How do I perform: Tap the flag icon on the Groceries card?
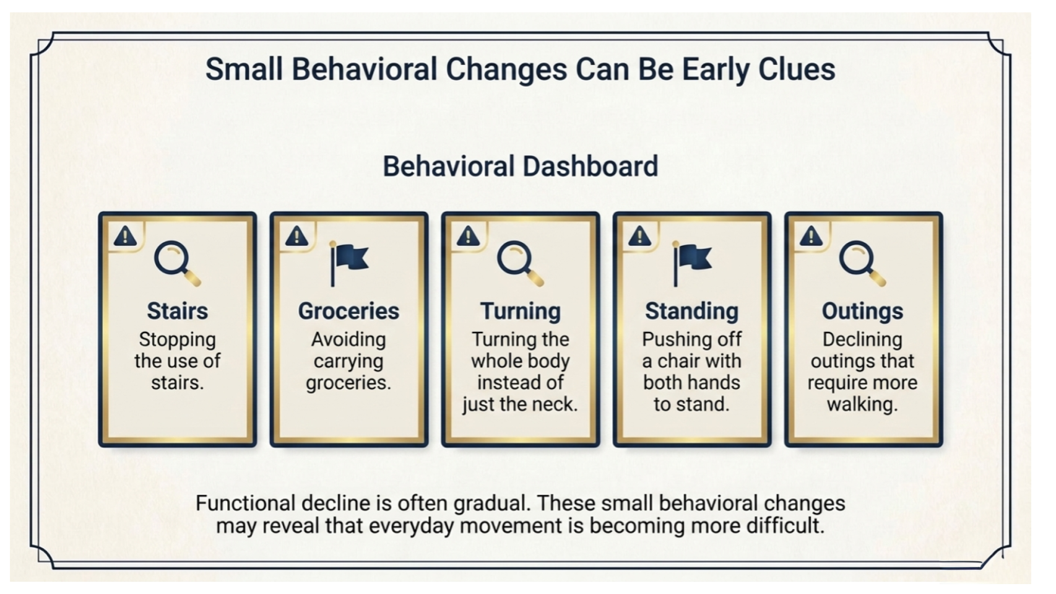[349, 264]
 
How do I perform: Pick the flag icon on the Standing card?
[692, 264]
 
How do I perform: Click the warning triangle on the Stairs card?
[125, 236]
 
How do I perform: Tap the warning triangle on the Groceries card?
[296, 236]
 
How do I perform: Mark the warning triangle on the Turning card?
[468, 236]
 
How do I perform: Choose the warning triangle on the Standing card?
[640, 236]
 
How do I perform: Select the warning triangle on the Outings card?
[811, 236]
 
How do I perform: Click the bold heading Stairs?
[177, 312]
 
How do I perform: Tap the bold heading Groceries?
[349, 312]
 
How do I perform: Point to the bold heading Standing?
[691, 312]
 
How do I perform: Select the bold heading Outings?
[863, 312]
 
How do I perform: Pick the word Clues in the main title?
[797, 70]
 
